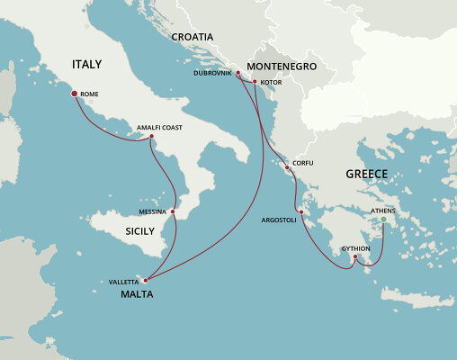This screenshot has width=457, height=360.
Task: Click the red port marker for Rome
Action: click(x=74, y=93)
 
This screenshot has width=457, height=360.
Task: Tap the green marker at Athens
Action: click(x=384, y=220)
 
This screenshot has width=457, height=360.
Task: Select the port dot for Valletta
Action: click(x=146, y=280)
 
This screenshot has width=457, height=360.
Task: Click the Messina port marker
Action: click(x=173, y=212)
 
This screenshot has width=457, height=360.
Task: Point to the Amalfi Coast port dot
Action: click(x=150, y=137)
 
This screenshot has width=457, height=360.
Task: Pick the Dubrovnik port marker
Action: click(x=237, y=73)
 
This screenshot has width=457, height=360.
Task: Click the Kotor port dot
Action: click(x=255, y=82)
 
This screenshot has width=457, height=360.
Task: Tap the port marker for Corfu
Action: click(x=287, y=167)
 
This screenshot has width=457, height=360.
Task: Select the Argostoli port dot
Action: click(x=301, y=212)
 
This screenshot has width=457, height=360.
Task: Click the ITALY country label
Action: click(x=87, y=65)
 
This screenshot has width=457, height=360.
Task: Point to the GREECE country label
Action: click(x=365, y=174)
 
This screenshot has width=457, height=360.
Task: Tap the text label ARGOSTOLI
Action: click(x=278, y=220)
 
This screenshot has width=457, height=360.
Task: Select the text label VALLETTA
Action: click(x=124, y=282)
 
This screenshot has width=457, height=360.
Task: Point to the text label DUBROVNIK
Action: click(x=213, y=73)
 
